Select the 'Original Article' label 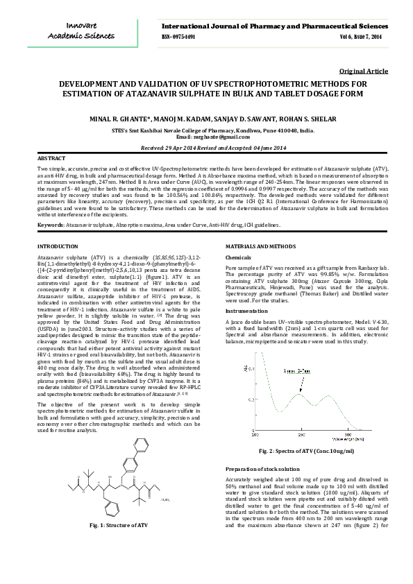(x=364, y=71)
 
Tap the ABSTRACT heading (x=51, y=159)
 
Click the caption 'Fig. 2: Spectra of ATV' (x=303, y=451)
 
